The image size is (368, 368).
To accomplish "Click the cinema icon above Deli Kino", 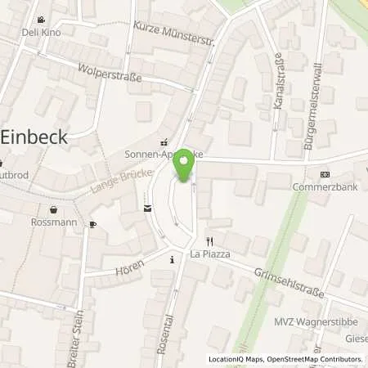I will pyautogui.click(x=41, y=19).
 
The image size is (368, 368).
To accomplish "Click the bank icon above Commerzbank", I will pyautogui.click(x=348, y=174).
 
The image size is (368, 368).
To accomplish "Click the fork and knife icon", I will pyautogui.click(x=209, y=240).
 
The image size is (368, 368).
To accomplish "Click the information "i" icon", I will pyautogui.click(x=172, y=259).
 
